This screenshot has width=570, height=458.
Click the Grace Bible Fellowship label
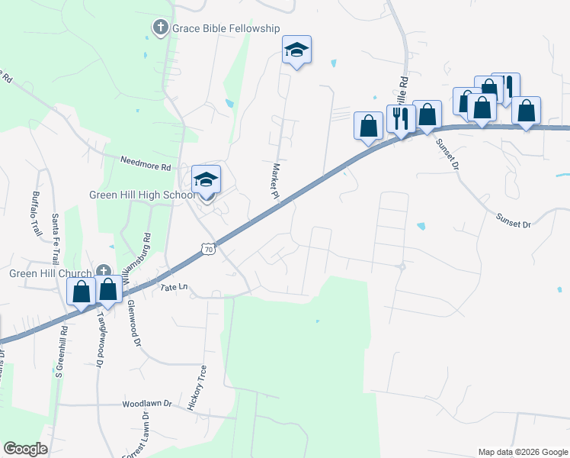coord(226,28)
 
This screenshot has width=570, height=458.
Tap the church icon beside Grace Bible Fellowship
coord(160,28)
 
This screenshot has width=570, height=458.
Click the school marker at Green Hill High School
coord(206,180)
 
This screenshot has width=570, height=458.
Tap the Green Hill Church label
coord(50,273)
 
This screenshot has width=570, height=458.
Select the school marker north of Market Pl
coord(296,50)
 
